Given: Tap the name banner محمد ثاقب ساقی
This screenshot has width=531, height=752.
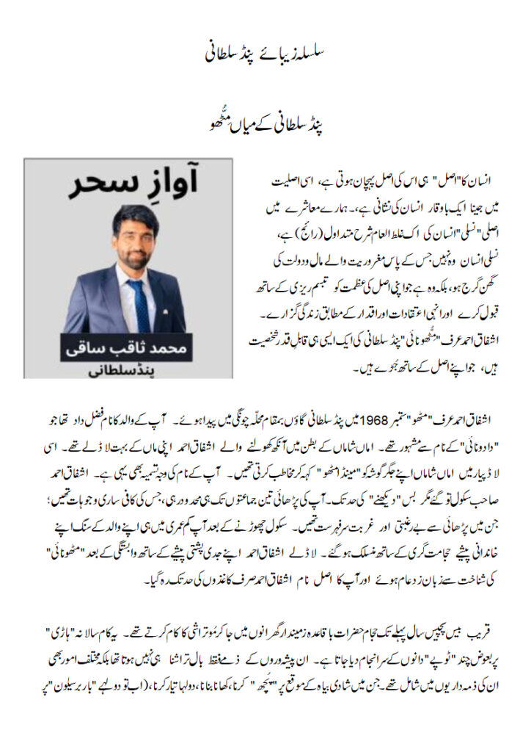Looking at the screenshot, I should coord(129,348).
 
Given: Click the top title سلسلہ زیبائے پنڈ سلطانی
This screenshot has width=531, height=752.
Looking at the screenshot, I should coord(265,54).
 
